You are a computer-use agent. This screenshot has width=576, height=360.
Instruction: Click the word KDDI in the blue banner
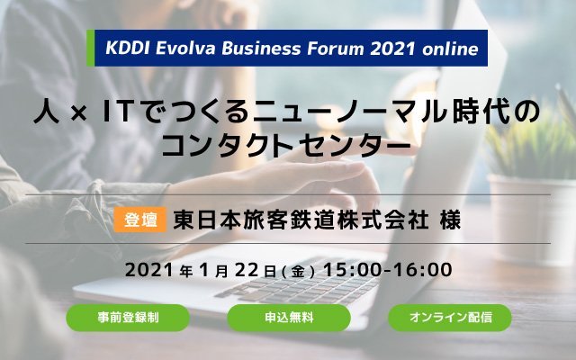(x=128, y=49)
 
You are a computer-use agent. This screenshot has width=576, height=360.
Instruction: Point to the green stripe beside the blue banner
(x=90, y=48)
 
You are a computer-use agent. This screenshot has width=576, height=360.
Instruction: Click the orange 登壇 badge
(x=140, y=220)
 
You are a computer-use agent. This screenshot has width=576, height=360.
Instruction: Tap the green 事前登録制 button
(x=128, y=318)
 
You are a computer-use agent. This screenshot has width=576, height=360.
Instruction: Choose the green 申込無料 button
(x=289, y=318)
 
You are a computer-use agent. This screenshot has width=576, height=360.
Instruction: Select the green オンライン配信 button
(x=450, y=318)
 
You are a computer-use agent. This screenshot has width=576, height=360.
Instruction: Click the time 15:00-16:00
(x=388, y=270)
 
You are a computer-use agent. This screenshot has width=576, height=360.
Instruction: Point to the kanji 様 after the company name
(x=450, y=220)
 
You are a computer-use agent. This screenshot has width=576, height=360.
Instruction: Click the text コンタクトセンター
(x=286, y=145)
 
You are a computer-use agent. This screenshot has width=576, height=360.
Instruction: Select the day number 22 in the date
(x=247, y=270)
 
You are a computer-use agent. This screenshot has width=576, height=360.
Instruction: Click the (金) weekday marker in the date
(x=298, y=272)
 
